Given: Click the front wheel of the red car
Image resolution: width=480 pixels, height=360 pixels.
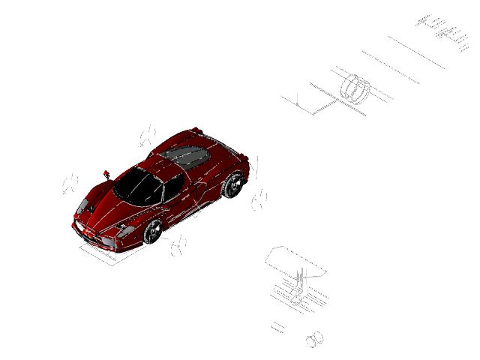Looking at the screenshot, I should click(154, 232).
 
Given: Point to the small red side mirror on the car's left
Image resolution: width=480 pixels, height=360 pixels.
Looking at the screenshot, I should click(106, 173).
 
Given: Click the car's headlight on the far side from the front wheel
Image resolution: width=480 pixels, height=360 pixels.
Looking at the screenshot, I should click(82, 206).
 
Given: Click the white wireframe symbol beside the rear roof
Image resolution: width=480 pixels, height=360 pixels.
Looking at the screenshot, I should click(148, 135).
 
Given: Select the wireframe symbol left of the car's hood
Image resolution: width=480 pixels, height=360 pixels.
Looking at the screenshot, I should click(70, 183).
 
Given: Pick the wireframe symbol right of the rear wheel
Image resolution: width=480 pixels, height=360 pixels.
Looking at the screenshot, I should click(259, 200).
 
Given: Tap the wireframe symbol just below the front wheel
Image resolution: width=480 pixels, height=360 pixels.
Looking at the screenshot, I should click(178, 245).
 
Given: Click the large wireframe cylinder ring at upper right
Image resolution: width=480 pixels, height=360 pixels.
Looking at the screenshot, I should click(355, 88).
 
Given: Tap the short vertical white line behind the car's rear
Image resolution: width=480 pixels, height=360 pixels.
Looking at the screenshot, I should click(256, 167).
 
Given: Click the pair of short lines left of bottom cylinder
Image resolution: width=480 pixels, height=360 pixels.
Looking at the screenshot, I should click(277, 326).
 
